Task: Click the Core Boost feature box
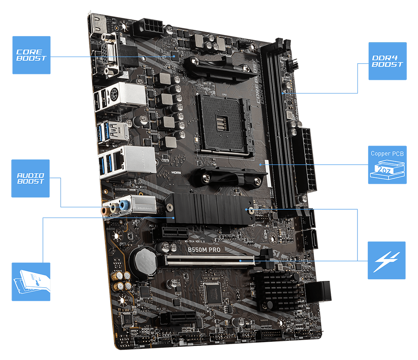coord(31,55)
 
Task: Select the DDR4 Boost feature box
coord(387,61)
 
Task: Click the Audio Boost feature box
coord(31,178)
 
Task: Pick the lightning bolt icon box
coord(386,260)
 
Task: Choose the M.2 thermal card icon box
coord(31,281)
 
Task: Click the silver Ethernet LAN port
coord(137,159)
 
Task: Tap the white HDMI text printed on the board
coord(176,173)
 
